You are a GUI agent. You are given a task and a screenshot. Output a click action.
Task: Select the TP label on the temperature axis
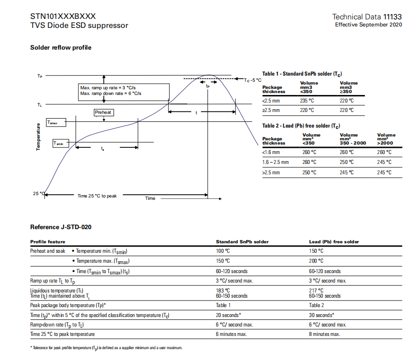pyautogui.click(x=39, y=76)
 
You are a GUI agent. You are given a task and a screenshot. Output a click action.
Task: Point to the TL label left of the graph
pyautogui.click(x=39, y=104)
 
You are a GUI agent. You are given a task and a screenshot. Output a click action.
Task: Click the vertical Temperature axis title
pyautogui.click(x=38, y=137)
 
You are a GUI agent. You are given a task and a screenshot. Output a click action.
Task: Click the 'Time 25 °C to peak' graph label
pyautogui.click(x=97, y=196)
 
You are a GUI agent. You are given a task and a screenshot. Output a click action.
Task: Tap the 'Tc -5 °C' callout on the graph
pyautogui.click(x=252, y=80)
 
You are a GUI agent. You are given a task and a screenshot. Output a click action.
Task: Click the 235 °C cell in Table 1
pyautogui.click(x=307, y=101)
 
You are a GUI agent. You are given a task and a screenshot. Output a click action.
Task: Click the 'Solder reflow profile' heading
pyautogui.click(x=61, y=48)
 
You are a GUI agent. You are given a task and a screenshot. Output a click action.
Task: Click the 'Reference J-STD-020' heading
pyautogui.click(x=61, y=227)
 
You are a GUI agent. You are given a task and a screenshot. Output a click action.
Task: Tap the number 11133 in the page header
pyautogui.click(x=392, y=17)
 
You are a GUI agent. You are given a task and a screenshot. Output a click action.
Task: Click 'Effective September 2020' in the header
pyautogui.click(x=369, y=25)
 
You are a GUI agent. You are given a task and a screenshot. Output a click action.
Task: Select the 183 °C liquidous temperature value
pyautogui.click(x=223, y=291)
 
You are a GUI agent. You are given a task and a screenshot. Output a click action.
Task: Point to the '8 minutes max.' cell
pyautogui.click(x=324, y=334)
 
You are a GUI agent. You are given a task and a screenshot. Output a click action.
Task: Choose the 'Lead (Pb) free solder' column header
pyautogui.click(x=334, y=241)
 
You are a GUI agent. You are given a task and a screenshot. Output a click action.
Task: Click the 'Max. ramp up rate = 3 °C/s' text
pyautogui.click(x=108, y=88)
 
